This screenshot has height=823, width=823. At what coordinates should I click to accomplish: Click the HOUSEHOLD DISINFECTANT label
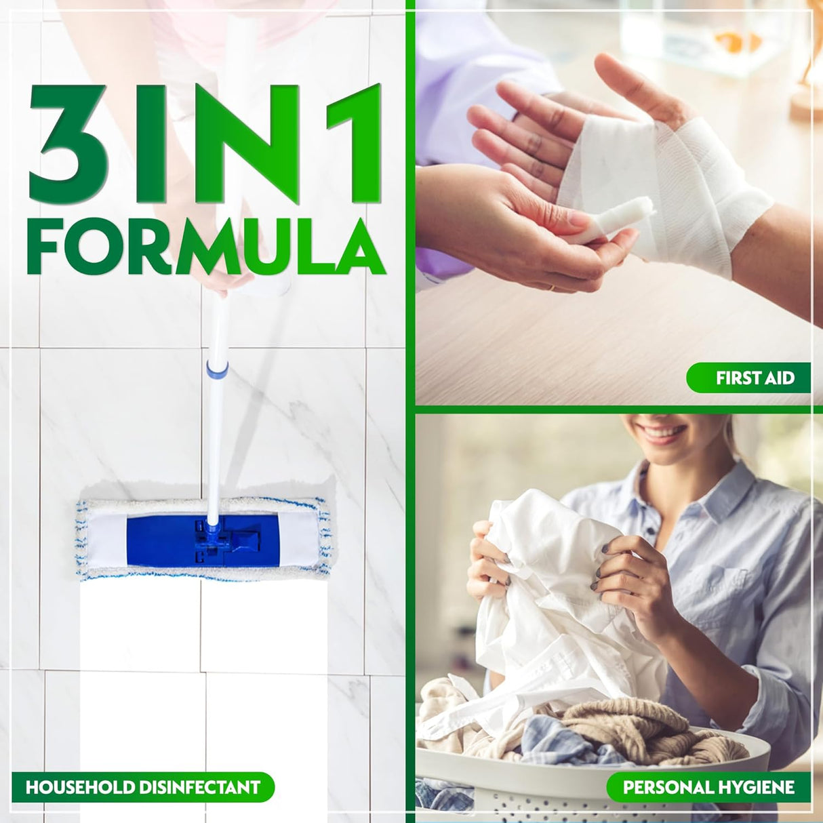tap(143, 787)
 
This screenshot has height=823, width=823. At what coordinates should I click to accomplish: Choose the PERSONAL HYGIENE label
tap(708, 787)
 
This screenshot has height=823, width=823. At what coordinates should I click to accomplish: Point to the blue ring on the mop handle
tap(217, 369)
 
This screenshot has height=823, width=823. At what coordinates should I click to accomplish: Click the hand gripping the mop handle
tap(220, 278)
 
